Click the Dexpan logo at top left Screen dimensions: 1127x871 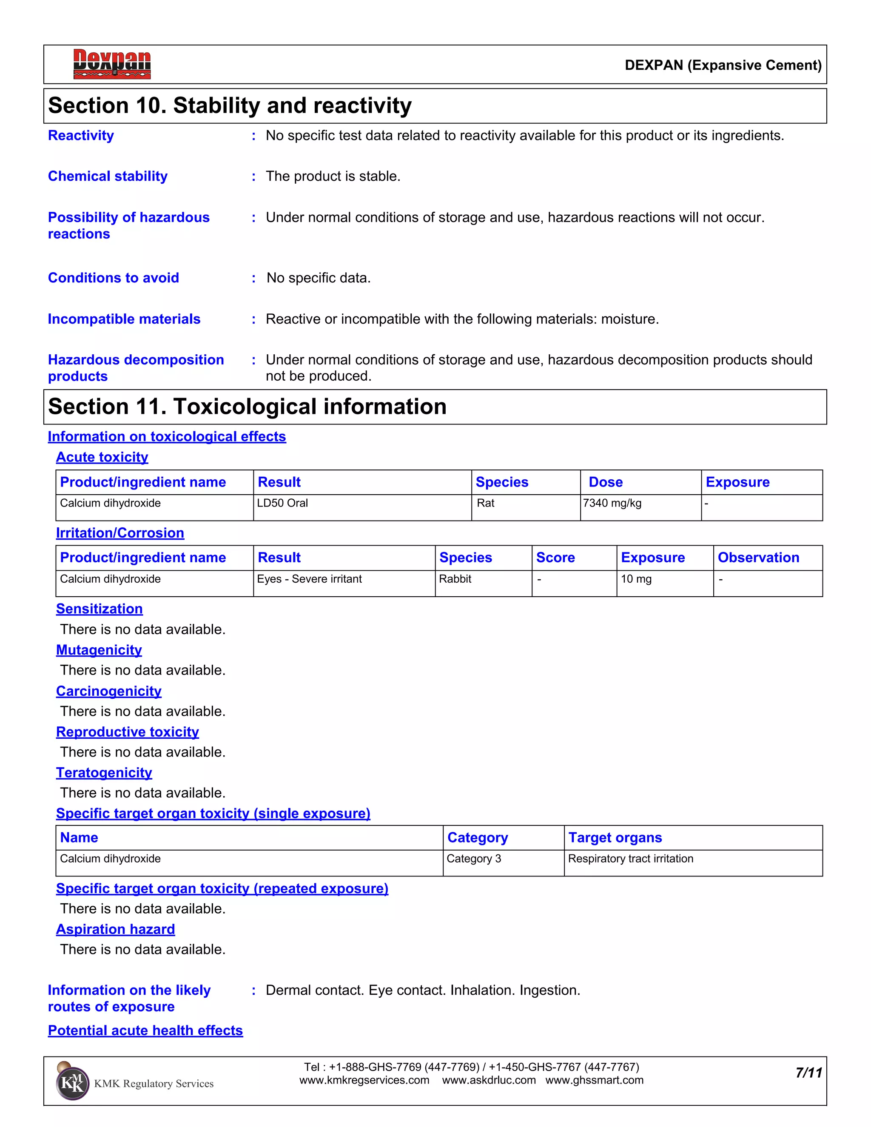[112, 64]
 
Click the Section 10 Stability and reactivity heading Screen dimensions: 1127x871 [230, 106]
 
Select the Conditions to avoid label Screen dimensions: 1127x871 [113, 278]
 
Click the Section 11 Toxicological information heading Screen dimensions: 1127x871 [247, 407]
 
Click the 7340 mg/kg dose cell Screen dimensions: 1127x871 [612, 503]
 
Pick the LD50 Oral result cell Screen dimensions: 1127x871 [282, 503]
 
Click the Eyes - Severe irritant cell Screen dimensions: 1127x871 [309, 579]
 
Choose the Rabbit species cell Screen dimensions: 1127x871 [455, 579]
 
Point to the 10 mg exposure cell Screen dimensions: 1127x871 [636, 579]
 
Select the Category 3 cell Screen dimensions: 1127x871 [474, 859]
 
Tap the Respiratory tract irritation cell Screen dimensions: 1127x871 [631, 859]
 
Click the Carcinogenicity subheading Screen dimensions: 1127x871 [109, 691]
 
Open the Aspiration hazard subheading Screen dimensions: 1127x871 [116, 929]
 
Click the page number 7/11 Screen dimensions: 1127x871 [808, 1073]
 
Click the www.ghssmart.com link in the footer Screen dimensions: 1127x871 [595, 1081]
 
